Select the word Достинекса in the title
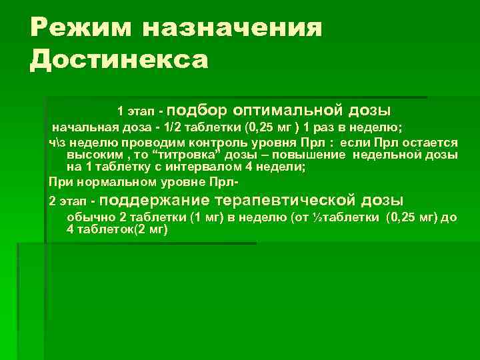(119, 60)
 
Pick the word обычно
(91, 217)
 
